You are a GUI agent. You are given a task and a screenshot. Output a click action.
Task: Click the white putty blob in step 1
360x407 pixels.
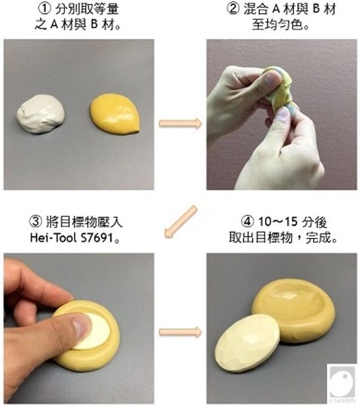[41, 114]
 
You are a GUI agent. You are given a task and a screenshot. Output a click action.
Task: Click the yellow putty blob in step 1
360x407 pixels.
[115, 113]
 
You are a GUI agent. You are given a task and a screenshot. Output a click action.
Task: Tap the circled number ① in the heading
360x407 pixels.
[44, 9]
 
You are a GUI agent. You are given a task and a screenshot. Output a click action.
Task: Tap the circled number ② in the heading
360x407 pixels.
[233, 9]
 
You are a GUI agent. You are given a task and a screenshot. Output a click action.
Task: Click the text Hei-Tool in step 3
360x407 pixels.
[53, 238]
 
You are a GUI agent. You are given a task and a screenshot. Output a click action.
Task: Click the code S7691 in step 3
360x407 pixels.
[98, 238]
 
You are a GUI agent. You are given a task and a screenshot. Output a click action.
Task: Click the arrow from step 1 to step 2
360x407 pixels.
[180, 123]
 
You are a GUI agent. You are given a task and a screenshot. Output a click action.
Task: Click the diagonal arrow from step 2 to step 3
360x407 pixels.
[180, 221]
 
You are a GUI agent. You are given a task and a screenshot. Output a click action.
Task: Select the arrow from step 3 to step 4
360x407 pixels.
[180, 332]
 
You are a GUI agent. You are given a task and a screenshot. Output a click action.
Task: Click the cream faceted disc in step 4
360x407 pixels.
[248, 343]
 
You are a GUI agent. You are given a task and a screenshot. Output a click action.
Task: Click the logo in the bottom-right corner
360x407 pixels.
[342, 383]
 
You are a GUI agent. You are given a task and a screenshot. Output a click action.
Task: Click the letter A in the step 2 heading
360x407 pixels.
[277, 9]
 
